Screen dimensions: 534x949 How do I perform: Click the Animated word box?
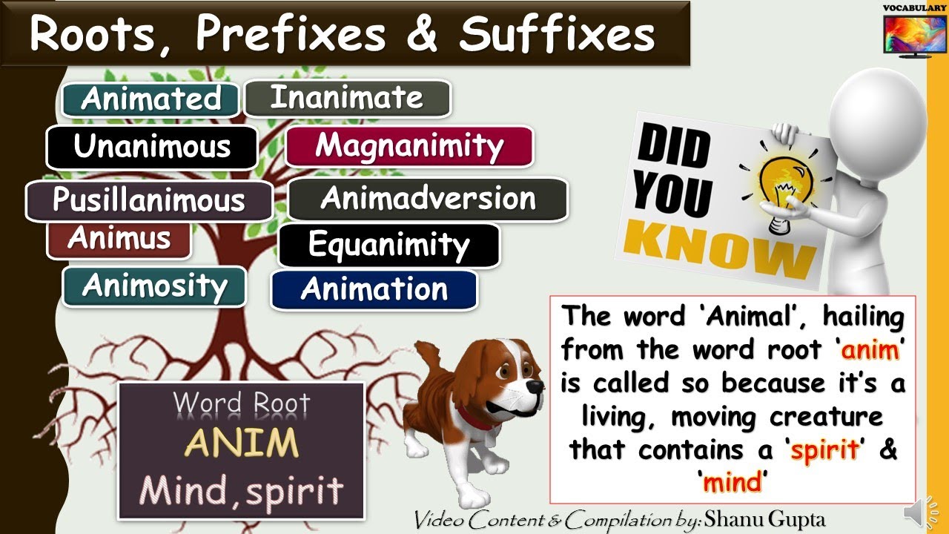click(151, 99)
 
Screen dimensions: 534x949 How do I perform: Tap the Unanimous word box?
click(152, 147)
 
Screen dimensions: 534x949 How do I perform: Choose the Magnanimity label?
click(409, 146)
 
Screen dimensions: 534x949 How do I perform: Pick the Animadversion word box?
click(428, 199)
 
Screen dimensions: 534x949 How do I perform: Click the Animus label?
click(119, 240)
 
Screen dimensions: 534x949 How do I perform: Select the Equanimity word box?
click(388, 245)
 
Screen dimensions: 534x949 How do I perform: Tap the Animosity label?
click(154, 286)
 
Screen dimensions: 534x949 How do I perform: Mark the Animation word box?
click(374, 289)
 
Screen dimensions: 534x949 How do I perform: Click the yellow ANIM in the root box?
click(242, 444)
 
